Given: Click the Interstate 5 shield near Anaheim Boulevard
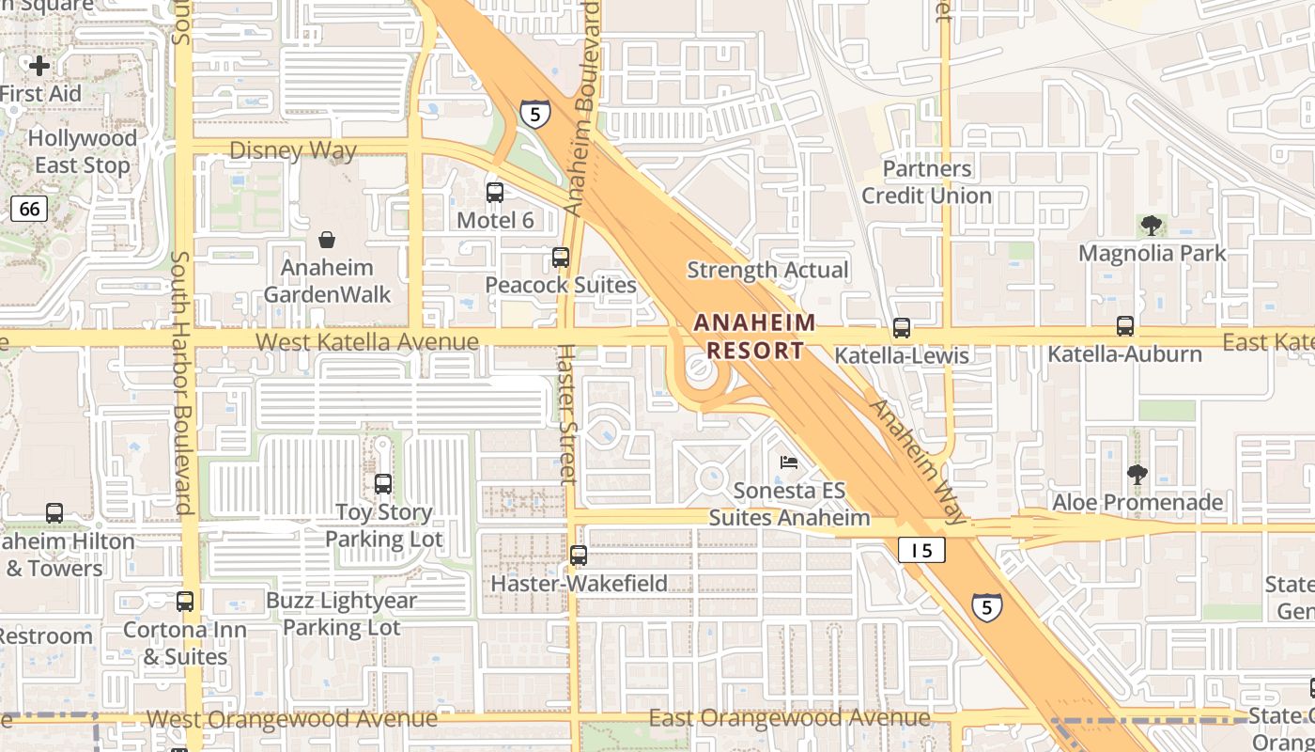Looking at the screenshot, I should click(534, 114).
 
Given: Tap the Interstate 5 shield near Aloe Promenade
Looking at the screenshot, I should click(985, 607).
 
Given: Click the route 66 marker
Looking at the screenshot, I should click(29, 208).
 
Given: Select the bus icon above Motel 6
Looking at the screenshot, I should click(495, 193).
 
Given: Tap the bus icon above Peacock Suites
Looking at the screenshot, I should click(561, 258).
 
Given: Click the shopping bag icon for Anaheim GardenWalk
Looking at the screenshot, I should click(327, 240).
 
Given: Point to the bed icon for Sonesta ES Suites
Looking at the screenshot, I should click(789, 462).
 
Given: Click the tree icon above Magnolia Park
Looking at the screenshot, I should click(1152, 226).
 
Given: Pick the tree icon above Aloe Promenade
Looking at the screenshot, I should click(1137, 475).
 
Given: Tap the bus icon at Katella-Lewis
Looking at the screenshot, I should click(902, 328).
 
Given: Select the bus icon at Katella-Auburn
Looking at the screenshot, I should click(1125, 326).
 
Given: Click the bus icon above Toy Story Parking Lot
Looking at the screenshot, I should click(383, 484).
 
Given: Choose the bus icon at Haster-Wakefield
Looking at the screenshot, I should click(579, 556).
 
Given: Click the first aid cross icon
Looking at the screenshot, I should click(39, 66).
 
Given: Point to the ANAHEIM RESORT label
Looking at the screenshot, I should click(755, 337).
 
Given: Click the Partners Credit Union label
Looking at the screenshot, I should click(927, 182).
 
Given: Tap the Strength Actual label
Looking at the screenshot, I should click(767, 270).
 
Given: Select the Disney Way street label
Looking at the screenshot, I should click(293, 150).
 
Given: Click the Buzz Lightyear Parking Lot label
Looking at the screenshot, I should click(342, 613).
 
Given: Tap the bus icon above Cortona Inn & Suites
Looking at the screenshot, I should click(185, 602).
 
